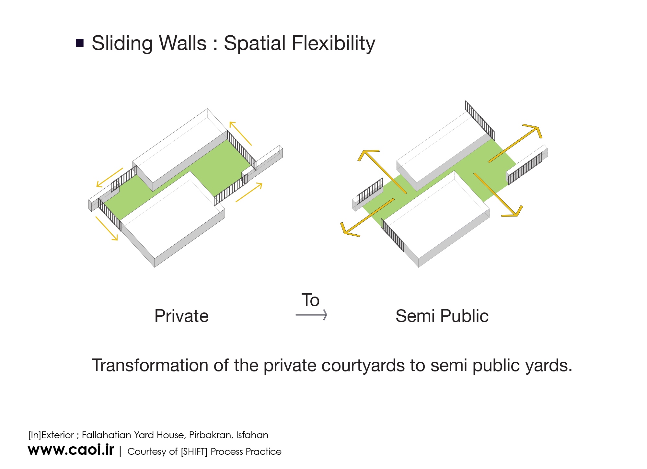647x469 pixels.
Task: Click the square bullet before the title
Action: tap(80, 43)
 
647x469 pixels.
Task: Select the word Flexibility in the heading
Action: tap(334, 43)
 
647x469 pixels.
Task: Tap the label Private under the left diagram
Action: tap(181, 316)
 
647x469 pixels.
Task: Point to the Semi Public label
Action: tap(442, 316)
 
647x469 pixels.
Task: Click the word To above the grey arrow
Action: tap(310, 300)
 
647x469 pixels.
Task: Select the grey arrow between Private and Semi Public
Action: tap(311, 315)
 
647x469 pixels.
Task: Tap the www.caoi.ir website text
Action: tap(71, 450)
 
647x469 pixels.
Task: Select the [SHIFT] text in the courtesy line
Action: tap(194, 451)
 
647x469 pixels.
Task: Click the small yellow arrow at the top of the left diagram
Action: tap(240, 133)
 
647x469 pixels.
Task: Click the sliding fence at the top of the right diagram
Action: tap(480, 120)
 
